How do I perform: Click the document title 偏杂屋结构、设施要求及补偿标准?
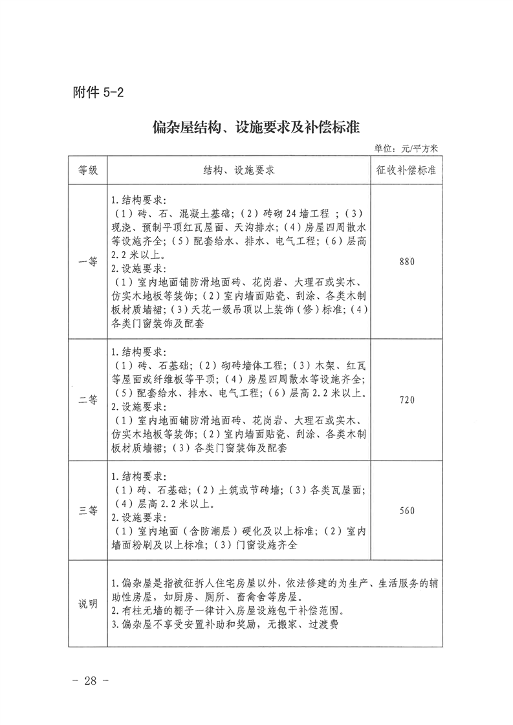click(x=256, y=125)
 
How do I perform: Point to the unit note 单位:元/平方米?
click(x=406, y=148)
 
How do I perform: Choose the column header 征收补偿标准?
click(x=406, y=171)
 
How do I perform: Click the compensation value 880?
click(x=406, y=262)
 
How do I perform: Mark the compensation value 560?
click(x=406, y=510)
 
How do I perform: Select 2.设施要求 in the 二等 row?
click(x=139, y=407)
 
